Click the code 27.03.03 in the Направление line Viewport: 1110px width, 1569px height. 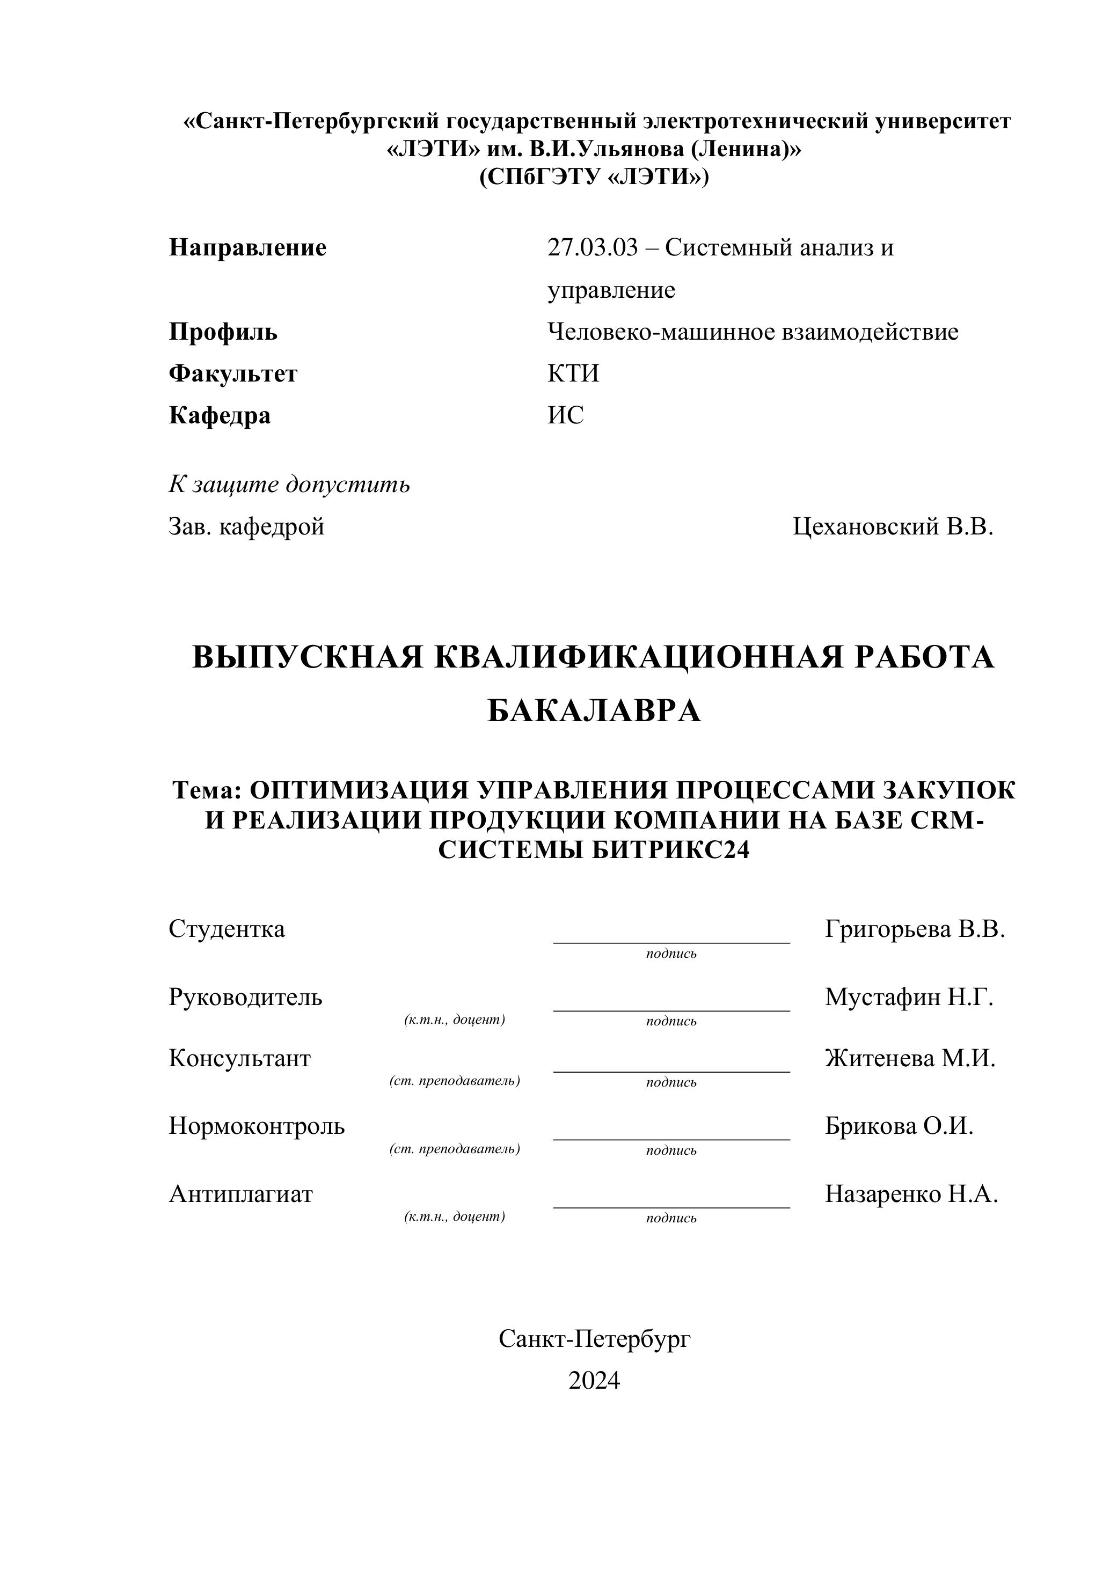pos(592,247)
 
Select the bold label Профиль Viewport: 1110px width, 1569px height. pos(223,332)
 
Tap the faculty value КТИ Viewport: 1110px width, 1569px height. pos(573,374)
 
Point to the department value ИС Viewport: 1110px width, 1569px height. pos(565,415)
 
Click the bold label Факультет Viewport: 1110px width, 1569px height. pos(233,374)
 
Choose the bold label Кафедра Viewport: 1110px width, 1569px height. pos(220,415)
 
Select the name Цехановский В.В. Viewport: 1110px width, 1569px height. pos(893,526)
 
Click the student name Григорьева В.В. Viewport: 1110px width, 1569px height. pos(915,929)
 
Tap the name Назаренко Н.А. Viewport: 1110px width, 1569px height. pos(911,1194)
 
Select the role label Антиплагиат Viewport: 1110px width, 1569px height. pos(240,1194)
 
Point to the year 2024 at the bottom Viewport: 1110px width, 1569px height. pos(593,1381)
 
